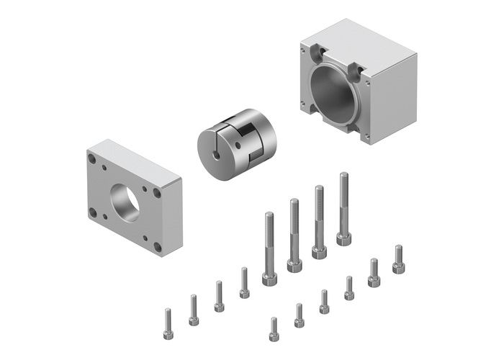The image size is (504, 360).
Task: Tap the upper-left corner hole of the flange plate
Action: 92,158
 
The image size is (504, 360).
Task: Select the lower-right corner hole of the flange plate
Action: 157,247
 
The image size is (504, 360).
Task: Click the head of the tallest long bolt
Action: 343,238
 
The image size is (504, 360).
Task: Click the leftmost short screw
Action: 168,324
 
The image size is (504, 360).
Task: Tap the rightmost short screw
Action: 398,259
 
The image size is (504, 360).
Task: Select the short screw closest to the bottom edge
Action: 274,329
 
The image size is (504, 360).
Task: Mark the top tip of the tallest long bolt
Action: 343,175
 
